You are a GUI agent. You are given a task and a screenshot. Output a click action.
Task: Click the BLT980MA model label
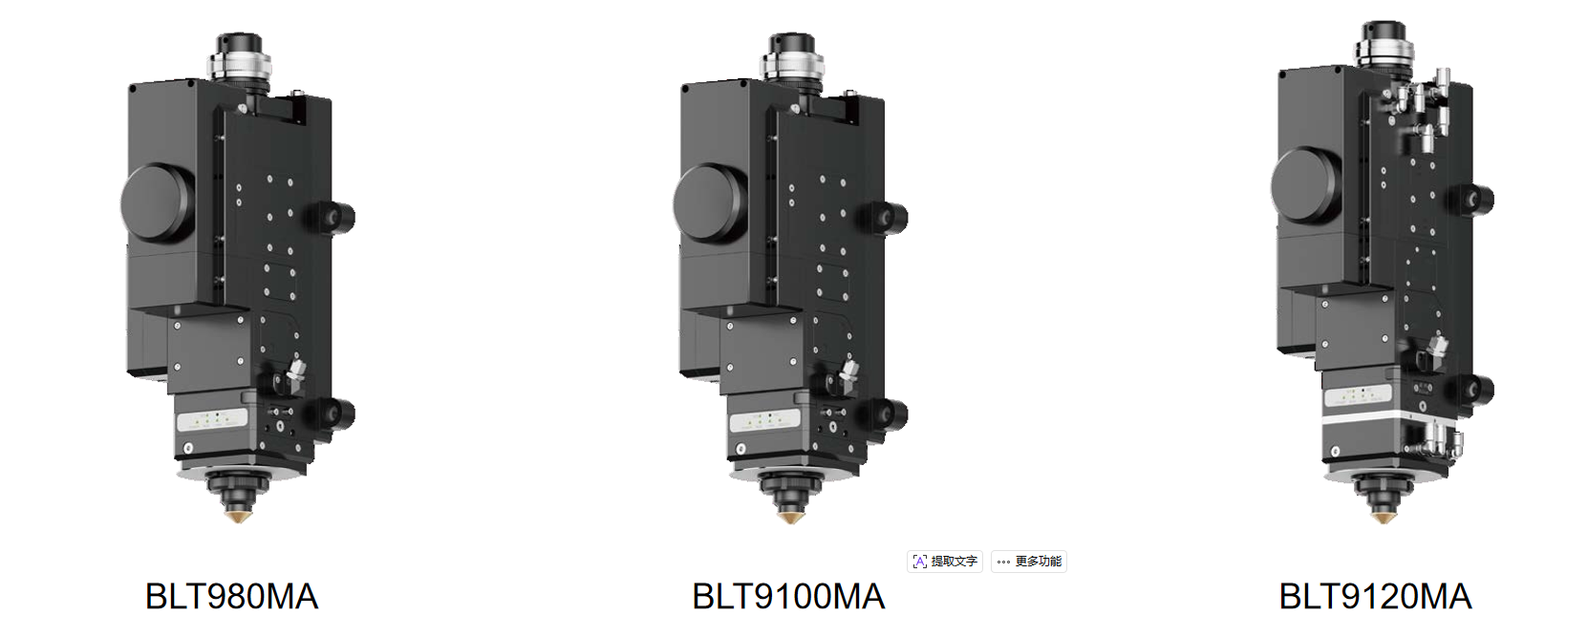[x=232, y=597]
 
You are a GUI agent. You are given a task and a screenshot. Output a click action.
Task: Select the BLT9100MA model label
[x=788, y=597]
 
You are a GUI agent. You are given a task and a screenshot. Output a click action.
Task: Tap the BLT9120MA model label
[x=1375, y=597]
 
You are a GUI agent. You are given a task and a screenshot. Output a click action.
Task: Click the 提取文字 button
[x=945, y=562]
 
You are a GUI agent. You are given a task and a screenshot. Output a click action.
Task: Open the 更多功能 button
[x=1029, y=562]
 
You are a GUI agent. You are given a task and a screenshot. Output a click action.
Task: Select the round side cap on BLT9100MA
[x=710, y=203]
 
